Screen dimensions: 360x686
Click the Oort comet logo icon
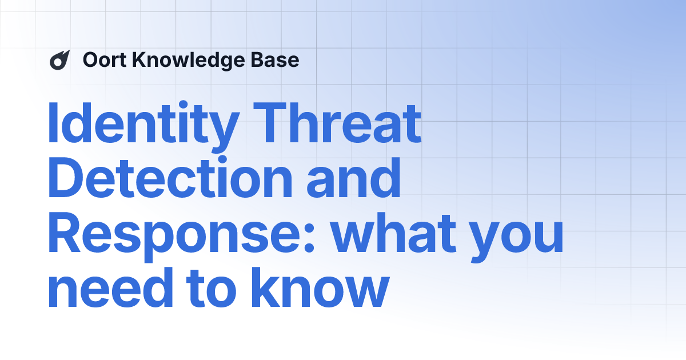click(x=59, y=60)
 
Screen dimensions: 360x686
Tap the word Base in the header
click(x=279, y=60)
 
